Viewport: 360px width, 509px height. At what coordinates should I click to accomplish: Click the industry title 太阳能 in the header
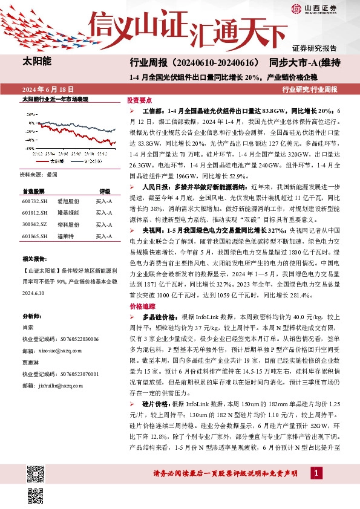[36, 62]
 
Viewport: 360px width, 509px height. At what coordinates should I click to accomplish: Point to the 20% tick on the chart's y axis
[28, 114]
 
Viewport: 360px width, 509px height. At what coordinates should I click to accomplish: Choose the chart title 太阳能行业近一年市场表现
[55, 99]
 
